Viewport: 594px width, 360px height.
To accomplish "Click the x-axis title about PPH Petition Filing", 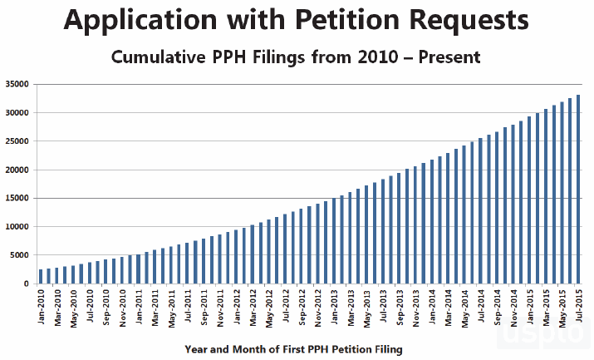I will [293, 350].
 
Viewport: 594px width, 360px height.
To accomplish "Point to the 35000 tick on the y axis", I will [17, 84].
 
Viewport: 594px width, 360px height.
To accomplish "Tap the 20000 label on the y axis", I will [17, 170].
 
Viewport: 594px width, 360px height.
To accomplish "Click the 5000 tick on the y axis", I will [19, 255].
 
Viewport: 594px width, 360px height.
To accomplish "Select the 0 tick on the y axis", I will [27, 284].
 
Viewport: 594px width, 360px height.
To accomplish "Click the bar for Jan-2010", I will [41, 276].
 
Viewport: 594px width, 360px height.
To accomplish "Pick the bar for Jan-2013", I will [334, 240].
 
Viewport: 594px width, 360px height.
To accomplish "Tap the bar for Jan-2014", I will [432, 221].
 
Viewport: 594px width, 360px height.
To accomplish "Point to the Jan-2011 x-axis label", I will [139, 308].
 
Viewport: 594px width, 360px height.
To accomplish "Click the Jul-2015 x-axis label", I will [579, 308].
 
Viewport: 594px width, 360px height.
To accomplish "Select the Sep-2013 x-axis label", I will [400, 308].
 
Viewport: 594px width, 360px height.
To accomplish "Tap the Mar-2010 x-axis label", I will [57, 308].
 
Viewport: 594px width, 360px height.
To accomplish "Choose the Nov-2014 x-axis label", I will [513, 308].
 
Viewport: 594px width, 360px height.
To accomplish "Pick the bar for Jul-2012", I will [285, 249].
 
